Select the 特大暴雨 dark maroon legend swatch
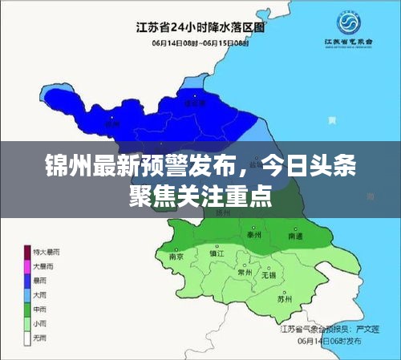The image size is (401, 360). coord(26,252)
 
